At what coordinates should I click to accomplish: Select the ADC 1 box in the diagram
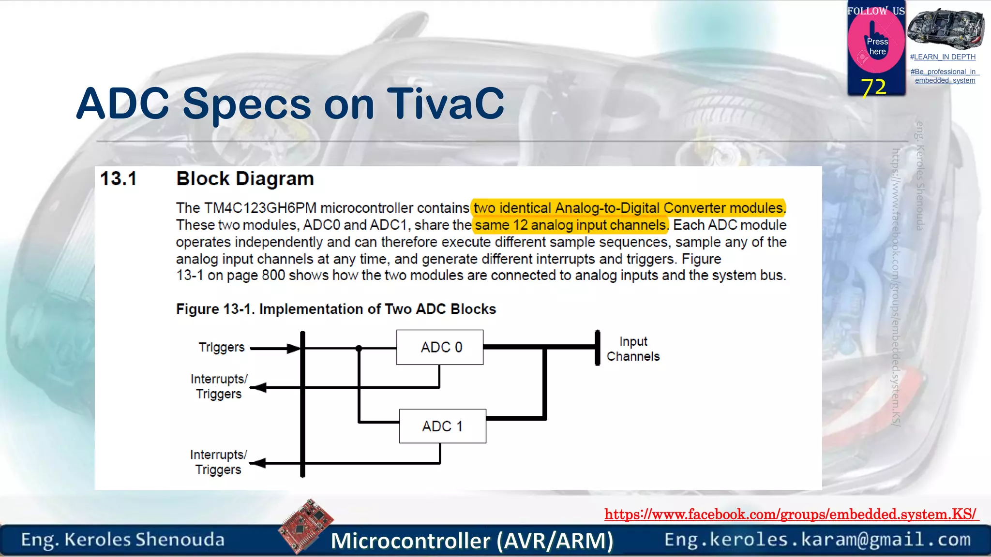tap(442, 426)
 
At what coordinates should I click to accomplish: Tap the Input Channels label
tap(633, 349)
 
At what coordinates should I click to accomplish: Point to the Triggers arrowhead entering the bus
tap(293, 348)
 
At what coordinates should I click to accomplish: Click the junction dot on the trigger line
tap(359, 348)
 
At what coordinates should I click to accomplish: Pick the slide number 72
tap(873, 87)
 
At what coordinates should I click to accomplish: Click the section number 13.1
tap(119, 179)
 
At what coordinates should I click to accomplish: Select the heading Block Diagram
tap(245, 179)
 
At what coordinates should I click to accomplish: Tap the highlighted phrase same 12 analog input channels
tap(570, 225)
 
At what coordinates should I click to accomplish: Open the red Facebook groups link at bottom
tap(791, 514)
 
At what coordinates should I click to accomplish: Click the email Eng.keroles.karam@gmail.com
tap(817, 540)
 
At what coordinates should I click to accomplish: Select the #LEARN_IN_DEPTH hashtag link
tap(943, 57)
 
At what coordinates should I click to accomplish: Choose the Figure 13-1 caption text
tap(336, 309)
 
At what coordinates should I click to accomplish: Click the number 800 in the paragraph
tap(273, 276)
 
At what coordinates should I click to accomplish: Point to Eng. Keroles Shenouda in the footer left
tap(123, 540)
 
